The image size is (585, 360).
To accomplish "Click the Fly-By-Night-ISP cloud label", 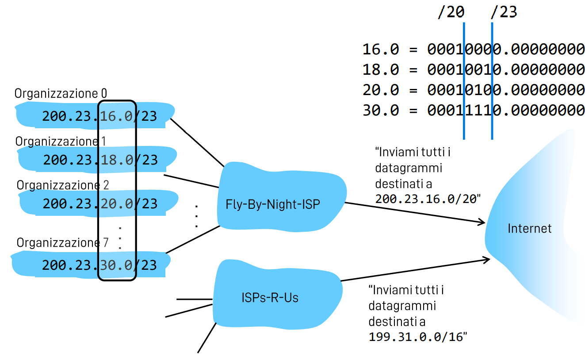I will pos(272,205).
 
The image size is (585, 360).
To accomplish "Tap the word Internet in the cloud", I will pos(529,228).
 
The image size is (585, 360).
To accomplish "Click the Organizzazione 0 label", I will pos(61,94).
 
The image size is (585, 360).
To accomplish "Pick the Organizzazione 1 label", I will pos(61,142).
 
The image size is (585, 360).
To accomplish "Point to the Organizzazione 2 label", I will pos(63,184).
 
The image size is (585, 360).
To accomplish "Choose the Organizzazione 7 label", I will pos(62,243).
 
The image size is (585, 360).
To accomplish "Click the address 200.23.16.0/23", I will pos(99,116).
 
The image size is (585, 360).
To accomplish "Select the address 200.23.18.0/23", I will pos(100,160).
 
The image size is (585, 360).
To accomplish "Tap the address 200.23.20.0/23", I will pos(100,203).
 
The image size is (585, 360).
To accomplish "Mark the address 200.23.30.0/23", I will pos(99,265).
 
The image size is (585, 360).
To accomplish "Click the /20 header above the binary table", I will pos(451,12).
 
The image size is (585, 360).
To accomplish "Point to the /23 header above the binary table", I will pos(503,12).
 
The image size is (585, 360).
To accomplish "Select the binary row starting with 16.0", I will pos(473,49).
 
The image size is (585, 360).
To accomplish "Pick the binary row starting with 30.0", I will pos(473,110).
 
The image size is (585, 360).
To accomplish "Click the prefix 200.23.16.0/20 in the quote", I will pos(427,199).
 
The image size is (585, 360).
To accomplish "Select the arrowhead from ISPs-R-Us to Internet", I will pos(486,260).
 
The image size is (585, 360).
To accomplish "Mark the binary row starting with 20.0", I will pos(473,90).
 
